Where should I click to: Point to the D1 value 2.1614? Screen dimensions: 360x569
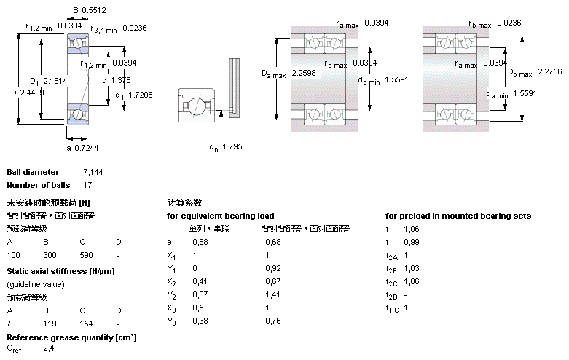click(55, 80)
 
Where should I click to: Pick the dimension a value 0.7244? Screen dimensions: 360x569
click(88, 148)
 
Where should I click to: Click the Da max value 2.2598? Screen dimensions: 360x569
click(305, 73)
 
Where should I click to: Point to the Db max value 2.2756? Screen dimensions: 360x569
click(550, 71)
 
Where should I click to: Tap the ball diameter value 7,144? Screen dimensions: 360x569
click(93, 173)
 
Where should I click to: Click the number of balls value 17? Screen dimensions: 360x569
click(88, 185)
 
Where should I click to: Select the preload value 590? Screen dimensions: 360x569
click(87, 255)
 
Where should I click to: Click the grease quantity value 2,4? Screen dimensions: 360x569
click(48, 350)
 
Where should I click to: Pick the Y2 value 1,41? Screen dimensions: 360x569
click(272, 294)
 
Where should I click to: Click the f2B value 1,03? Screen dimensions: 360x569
click(411, 268)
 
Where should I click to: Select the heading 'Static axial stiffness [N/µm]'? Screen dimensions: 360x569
click(60, 271)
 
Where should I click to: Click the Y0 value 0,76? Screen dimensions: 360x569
click(272, 321)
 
